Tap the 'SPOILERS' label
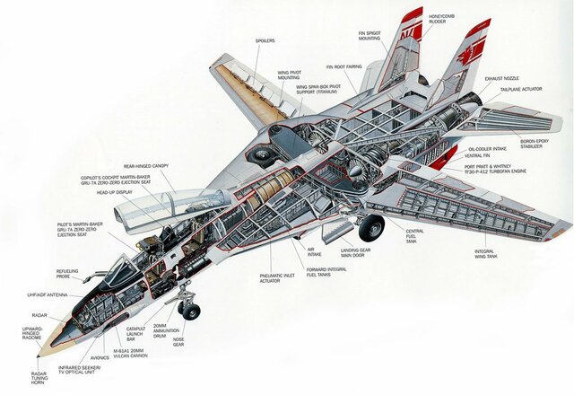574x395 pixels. pos(265,40)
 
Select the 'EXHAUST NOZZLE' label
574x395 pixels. pos(504,79)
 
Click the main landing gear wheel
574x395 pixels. pos(370,228)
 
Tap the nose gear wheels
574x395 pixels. pos(189,311)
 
